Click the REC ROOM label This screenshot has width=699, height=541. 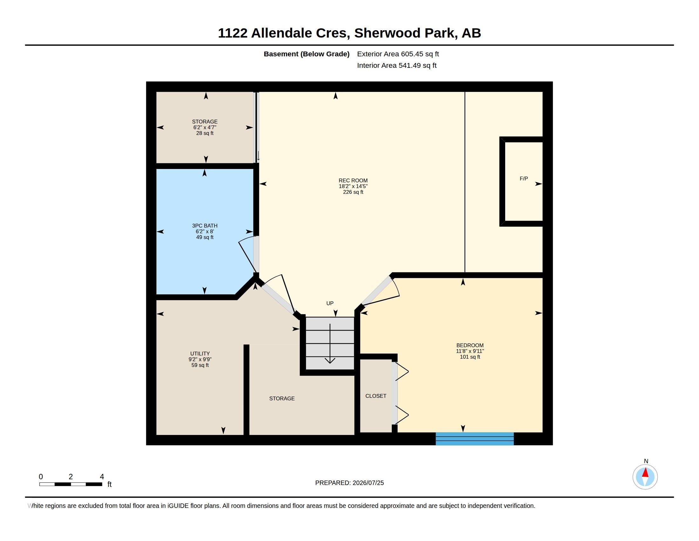(x=353, y=180)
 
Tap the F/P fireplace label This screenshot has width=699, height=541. (x=524, y=179)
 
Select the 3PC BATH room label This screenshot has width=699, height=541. (x=205, y=226)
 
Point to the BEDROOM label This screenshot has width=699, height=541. (x=470, y=345)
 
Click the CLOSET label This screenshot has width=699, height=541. (x=376, y=396)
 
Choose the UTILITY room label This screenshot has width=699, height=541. (x=200, y=354)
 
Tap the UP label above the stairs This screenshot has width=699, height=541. (x=330, y=303)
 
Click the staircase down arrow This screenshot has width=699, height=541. (x=330, y=344)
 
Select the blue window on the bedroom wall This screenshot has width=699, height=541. (x=475, y=439)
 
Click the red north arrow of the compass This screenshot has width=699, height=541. (x=645, y=472)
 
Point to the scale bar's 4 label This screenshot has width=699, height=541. (x=102, y=477)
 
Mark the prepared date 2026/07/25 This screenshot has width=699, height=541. (x=368, y=483)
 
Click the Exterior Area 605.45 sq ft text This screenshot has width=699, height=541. (x=398, y=54)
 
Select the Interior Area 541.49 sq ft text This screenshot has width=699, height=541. (x=397, y=65)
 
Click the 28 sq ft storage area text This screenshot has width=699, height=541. (x=205, y=133)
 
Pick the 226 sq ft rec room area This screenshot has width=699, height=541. (x=353, y=192)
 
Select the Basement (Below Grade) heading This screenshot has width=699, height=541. (x=307, y=54)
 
